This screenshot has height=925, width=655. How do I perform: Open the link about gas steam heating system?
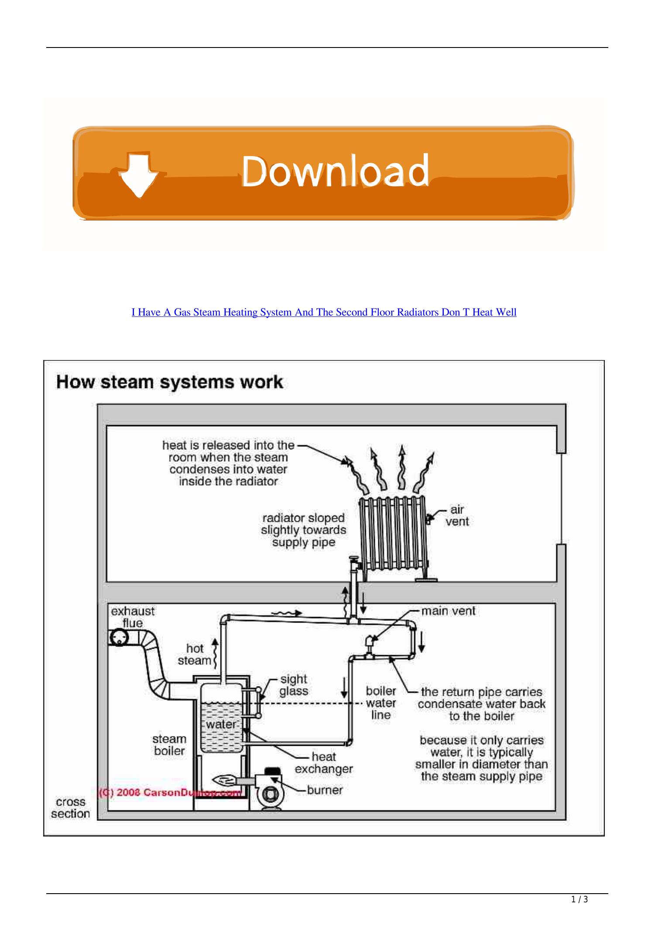click(324, 312)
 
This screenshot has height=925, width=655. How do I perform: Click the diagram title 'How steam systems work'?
click(170, 382)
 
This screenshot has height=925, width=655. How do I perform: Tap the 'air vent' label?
click(456, 515)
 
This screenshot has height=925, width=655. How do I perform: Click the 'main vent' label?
click(448, 611)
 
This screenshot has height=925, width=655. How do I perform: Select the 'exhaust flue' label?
click(133, 617)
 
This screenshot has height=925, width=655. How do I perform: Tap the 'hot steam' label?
click(195, 654)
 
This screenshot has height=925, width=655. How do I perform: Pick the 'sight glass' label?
click(294, 685)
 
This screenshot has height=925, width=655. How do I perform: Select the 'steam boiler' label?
click(169, 745)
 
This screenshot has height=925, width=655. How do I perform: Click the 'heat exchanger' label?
click(324, 762)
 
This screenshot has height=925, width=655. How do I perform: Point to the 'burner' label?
click(325, 790)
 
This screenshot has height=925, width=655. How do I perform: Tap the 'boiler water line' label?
click(381, 703)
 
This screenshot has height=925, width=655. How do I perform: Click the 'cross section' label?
click(70, 807)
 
